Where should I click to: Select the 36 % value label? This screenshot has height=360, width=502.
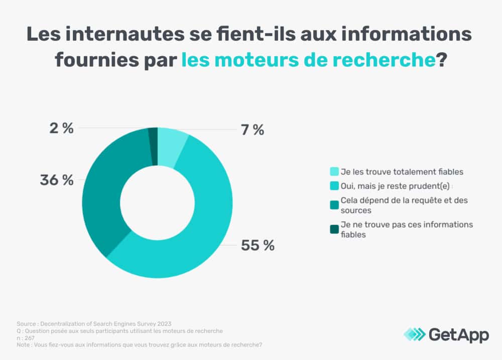click(x=57, y=180)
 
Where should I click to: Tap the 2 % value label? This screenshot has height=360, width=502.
click(x=62, y=129)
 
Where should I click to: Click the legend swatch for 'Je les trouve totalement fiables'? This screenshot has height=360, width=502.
click(x=334, y=172)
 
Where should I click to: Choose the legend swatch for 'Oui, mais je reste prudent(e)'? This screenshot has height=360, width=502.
click(x=334, y=186)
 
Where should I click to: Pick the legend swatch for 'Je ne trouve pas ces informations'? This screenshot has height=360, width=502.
click(x=334, y=229)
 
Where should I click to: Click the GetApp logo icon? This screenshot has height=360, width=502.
click(x=415, y=334)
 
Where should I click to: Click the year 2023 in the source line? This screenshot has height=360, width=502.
click(x=169, y=324)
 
